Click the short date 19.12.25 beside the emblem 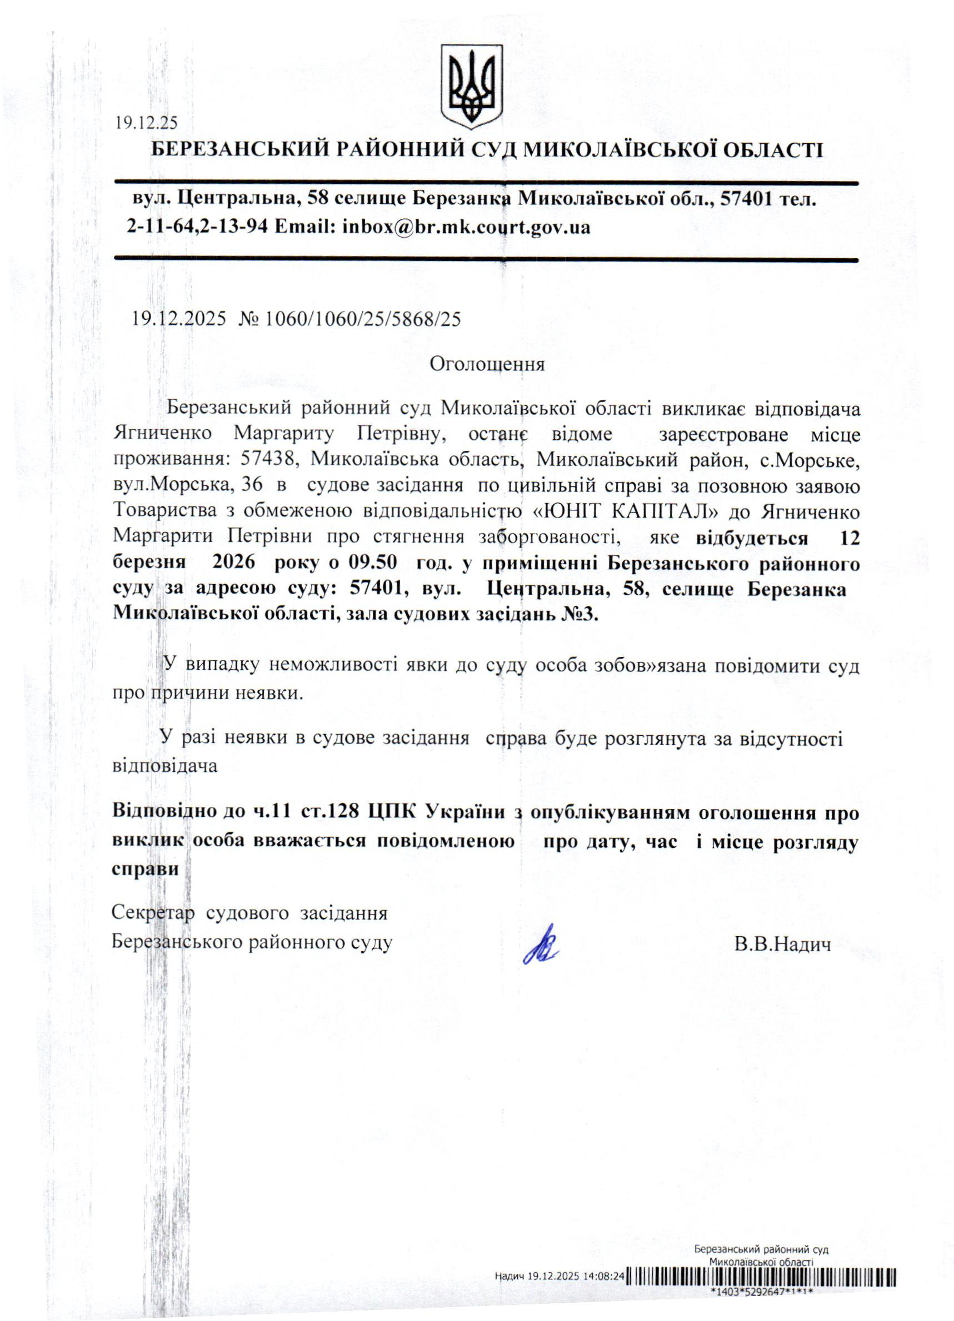click(x=146, y=123)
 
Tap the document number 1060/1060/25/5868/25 click(x=362, y=319)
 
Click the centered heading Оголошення click(x=487, y=365)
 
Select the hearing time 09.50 click(x=373, y=562)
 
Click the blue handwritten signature click(x=541, y=943)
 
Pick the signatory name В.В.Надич click(x=782, y=943)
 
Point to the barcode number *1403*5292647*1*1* click(x=761, y=1306)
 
